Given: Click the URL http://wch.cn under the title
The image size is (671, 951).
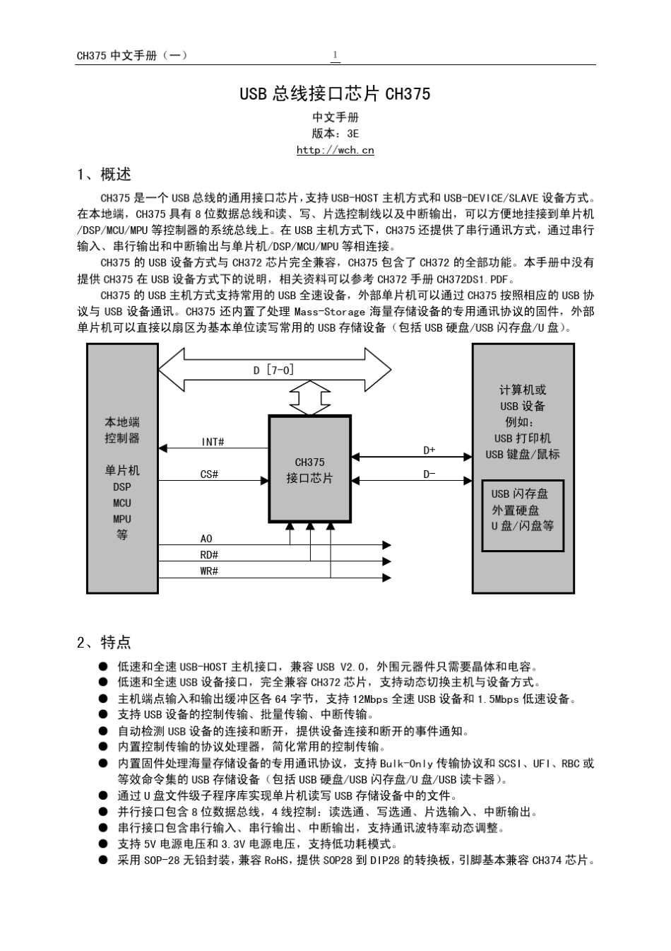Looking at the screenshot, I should [335, 150].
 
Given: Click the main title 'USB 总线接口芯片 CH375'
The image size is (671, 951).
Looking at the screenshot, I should [335, 94].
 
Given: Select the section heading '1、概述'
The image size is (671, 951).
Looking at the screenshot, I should [104, 175].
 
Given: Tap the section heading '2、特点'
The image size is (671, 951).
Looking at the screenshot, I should [104, 642].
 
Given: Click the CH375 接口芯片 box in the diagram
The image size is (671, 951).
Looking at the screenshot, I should [309, 469].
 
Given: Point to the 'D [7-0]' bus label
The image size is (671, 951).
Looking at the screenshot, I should [273, 370].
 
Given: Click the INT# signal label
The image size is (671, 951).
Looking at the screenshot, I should [213, 442].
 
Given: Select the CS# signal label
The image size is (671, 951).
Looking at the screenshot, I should [209, 474].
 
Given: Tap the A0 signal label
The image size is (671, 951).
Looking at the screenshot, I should [206, 539].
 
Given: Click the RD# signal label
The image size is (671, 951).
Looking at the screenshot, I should [209, 555].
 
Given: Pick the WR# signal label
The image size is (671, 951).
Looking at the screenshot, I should [209, 571].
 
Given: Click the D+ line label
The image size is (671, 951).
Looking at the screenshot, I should [429, 450].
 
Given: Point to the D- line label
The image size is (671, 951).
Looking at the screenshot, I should [429, 474].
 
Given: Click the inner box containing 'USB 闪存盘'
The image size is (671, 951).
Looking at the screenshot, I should [523, 515].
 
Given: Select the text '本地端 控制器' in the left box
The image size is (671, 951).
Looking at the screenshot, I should [122, 430].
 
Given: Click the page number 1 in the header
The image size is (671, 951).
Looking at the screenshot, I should [335, 55].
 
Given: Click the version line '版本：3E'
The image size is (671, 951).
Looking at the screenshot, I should [335, 133].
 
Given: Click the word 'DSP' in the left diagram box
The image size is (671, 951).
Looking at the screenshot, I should [122, 486].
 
